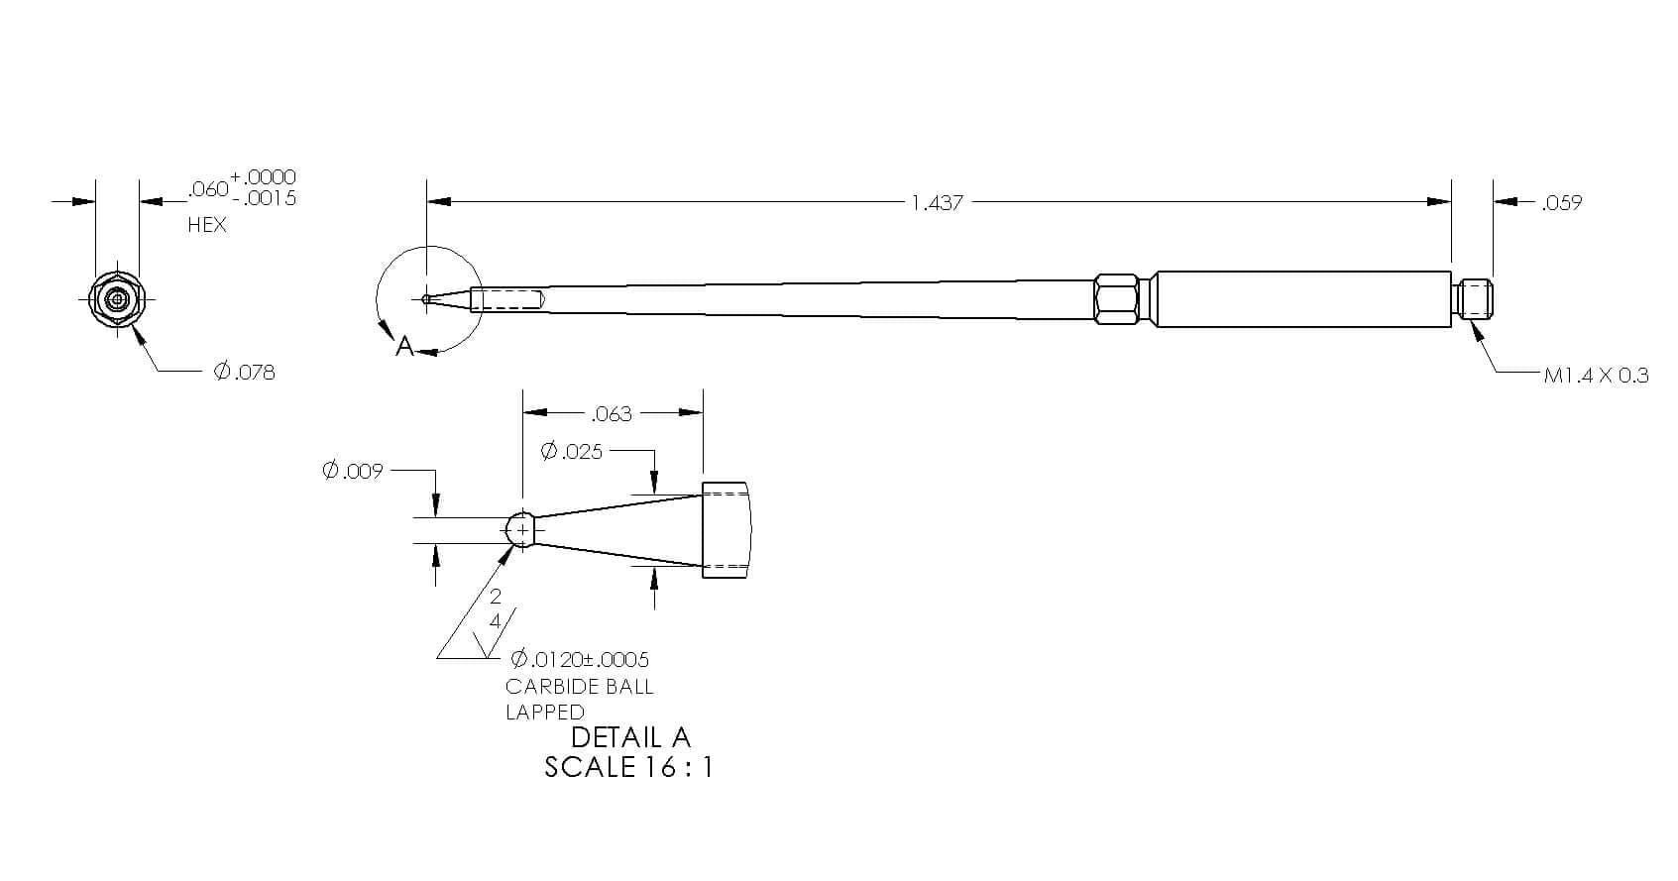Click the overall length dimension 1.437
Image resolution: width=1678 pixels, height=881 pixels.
937,203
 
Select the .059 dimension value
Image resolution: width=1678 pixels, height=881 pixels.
1561,203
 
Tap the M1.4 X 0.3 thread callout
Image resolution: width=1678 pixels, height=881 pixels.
1596,376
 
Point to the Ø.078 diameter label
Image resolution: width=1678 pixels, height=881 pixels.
245,372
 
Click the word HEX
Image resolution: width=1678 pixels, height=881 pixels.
207,225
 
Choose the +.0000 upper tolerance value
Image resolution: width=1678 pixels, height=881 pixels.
263,177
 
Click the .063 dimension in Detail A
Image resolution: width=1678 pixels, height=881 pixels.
612,414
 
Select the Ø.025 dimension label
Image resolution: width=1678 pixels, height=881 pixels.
572,451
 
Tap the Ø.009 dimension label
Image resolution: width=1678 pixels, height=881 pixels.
353,471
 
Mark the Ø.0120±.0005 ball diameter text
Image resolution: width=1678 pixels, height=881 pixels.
580,659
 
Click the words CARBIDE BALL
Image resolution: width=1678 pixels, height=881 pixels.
579,686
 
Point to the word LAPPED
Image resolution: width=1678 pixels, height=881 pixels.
544,712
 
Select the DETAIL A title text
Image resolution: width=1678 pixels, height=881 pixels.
630,738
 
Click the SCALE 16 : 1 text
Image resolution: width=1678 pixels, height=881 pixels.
628,767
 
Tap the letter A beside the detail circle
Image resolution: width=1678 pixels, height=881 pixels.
404,346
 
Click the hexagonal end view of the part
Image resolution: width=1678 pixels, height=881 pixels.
117,299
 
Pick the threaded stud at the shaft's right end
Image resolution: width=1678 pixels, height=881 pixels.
1472,299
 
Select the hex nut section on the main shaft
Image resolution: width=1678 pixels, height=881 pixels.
1116,299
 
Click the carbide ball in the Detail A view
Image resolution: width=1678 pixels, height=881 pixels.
521,530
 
